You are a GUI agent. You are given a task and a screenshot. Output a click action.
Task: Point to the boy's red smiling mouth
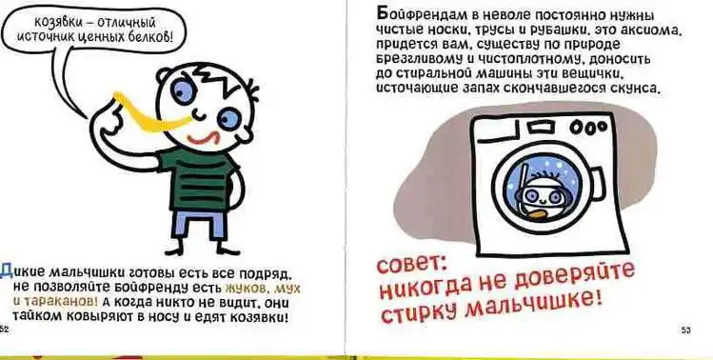204,138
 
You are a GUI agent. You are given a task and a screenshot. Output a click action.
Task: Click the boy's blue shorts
200,225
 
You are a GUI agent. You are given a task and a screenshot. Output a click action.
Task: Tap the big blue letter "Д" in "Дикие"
6,270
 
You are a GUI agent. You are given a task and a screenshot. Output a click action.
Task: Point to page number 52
4,329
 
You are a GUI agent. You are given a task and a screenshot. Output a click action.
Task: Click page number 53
685,330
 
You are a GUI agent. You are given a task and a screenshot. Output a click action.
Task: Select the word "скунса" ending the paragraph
633,89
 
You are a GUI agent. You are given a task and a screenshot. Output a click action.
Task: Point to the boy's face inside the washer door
540,196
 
